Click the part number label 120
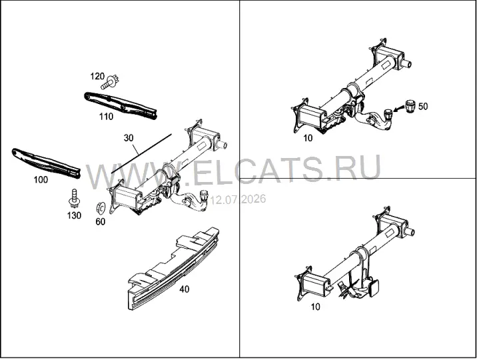click(97, 76)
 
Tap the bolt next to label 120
click(111, 82)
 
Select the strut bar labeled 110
click(121, 105)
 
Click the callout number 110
click(106, 116)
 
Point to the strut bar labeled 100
click(47, 163)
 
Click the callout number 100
click(41, 179)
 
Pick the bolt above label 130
click(74, 198)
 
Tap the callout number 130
click(74, 215)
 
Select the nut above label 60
click(99, 208)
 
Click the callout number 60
click(101, 221)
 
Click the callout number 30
click(129, 138)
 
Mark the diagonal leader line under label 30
click(141, 153)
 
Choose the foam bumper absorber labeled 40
click(173, 269)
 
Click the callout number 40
click(184, 289)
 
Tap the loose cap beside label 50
click(410, 106)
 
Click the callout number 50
click(423, 106)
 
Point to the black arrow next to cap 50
click(399, 109)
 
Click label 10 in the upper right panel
click(308, 138)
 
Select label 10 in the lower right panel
click(316, 307)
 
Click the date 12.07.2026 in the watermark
click(238, 199)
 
